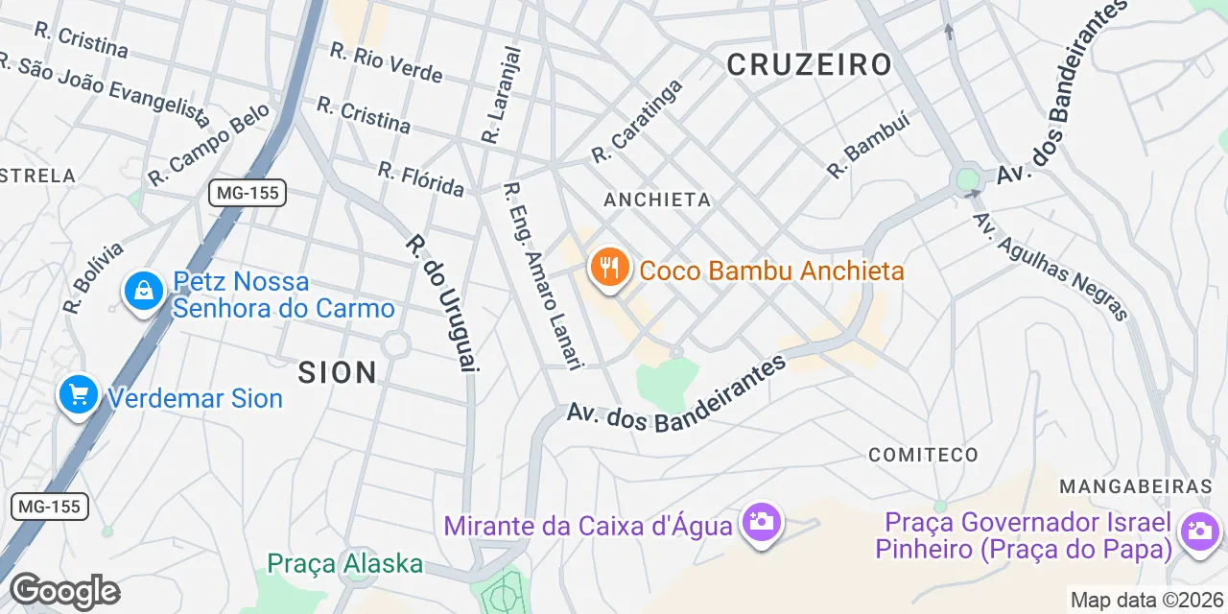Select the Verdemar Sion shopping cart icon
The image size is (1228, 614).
point(78,394)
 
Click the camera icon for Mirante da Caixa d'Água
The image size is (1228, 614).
point(763,523)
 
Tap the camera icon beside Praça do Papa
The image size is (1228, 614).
point(1199,529)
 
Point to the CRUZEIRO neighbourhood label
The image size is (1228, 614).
point(809,65)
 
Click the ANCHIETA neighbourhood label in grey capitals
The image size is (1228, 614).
point(657,200)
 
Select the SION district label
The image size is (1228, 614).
point(338,372)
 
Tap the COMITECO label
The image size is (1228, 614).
point(923,455)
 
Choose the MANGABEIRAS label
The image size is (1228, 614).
point(1136,486)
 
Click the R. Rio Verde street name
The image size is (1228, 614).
point(386,62)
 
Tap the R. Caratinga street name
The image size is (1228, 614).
point(637,121)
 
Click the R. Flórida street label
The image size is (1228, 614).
point(420,177)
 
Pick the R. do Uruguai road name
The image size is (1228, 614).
point(441,302)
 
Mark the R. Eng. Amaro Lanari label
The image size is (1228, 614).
point(543,275)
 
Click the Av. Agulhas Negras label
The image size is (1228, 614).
point(1050,266)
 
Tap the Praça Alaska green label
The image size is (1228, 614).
point(345,563)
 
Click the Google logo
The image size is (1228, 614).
point(64,591)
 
